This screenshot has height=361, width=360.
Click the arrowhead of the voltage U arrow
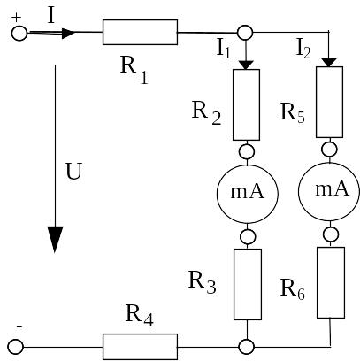tap(55, 240)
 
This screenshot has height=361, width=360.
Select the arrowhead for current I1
tap(246, 65)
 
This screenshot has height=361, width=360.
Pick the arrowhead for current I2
tap(329, 63)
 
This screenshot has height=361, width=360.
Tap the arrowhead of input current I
tap(69, 33)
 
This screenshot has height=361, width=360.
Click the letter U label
tap(73, 171)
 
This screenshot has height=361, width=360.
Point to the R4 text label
tap(139, 315)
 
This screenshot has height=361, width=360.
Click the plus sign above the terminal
tap(17, 18)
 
